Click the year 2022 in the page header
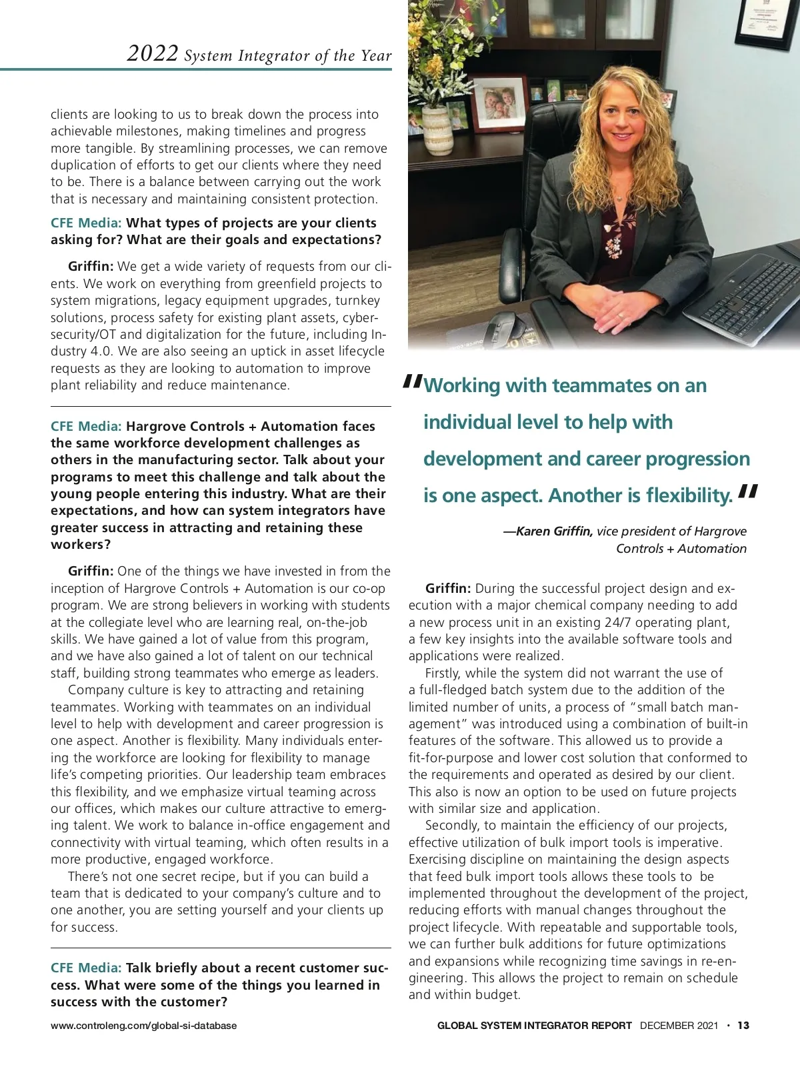coord(153,53)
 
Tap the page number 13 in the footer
coord(743,1026)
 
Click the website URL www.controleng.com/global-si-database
coord(143,1026)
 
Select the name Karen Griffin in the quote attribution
coord(554,531)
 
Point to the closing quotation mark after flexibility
coord(749,492)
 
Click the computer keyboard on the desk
coord(753,293)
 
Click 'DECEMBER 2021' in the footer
coord(679,1026)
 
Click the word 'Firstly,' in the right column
coord(443,674)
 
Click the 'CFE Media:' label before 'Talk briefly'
coord(86,968)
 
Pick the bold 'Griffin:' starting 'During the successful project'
coord(448,589)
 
